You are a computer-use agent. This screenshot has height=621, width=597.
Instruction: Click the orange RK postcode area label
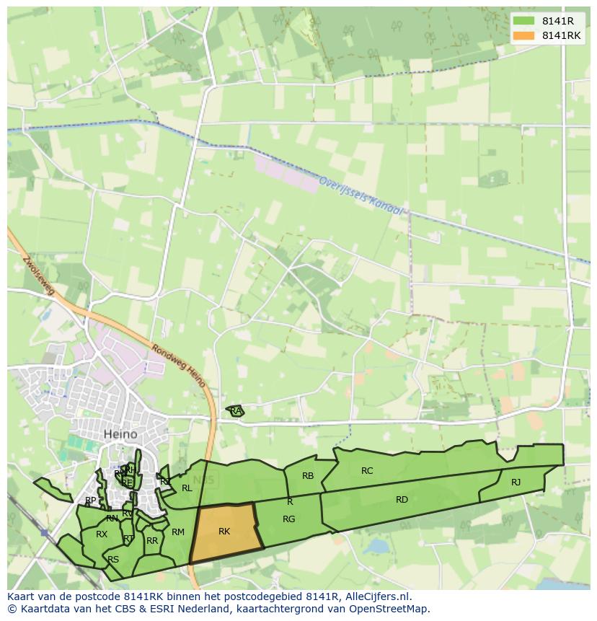224,532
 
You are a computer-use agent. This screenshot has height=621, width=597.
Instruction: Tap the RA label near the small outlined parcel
236,411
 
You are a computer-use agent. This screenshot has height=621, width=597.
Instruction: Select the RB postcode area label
308,476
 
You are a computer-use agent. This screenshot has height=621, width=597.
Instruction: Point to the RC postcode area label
367,471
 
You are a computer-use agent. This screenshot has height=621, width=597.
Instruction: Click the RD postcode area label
402,500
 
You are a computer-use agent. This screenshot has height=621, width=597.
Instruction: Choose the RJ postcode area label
516,483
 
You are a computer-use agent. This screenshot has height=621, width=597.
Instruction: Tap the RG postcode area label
288,519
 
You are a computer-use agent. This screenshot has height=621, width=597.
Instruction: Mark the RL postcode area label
187,488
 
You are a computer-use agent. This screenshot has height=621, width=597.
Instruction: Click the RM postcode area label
178,532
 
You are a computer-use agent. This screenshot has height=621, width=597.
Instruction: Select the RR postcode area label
152,541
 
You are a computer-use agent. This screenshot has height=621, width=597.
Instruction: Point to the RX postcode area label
102,534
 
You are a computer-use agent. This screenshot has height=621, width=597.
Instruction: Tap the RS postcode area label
113,560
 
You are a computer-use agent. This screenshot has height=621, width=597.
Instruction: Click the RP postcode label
90,501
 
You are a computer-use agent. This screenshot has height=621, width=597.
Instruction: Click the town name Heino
120,434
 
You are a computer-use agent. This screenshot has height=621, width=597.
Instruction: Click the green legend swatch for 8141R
523,21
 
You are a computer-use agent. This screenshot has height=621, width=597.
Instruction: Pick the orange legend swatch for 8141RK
523,35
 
